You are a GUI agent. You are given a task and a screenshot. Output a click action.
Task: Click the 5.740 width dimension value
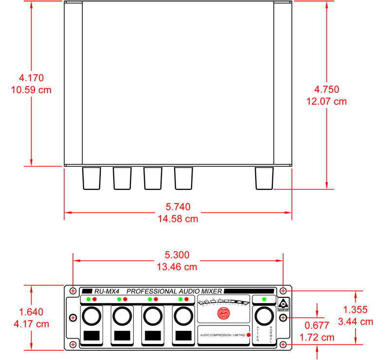click(x=178, y=206)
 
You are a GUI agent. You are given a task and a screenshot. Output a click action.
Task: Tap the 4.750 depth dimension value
click(x=326, y=89)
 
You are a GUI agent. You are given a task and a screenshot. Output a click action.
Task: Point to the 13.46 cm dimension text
click(x=178, y=267)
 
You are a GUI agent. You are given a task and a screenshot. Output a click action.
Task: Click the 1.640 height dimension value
click(x=31, y=312)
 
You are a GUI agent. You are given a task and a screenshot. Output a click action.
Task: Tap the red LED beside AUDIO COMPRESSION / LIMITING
click(x=248, y=335)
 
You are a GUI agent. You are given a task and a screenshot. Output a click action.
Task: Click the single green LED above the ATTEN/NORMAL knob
click(x=264, y=299)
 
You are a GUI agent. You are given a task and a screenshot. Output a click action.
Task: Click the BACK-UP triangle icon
click(x=283, y=303)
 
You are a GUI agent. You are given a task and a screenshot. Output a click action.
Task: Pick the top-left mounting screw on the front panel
click(x=73, y=291)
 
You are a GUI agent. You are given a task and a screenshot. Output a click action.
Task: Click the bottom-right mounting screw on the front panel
click(x=283, y=344)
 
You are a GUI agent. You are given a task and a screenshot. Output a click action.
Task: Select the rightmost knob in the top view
click(x=265, y=178)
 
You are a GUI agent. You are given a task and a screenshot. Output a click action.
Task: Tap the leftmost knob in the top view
click(x=91, y=178)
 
